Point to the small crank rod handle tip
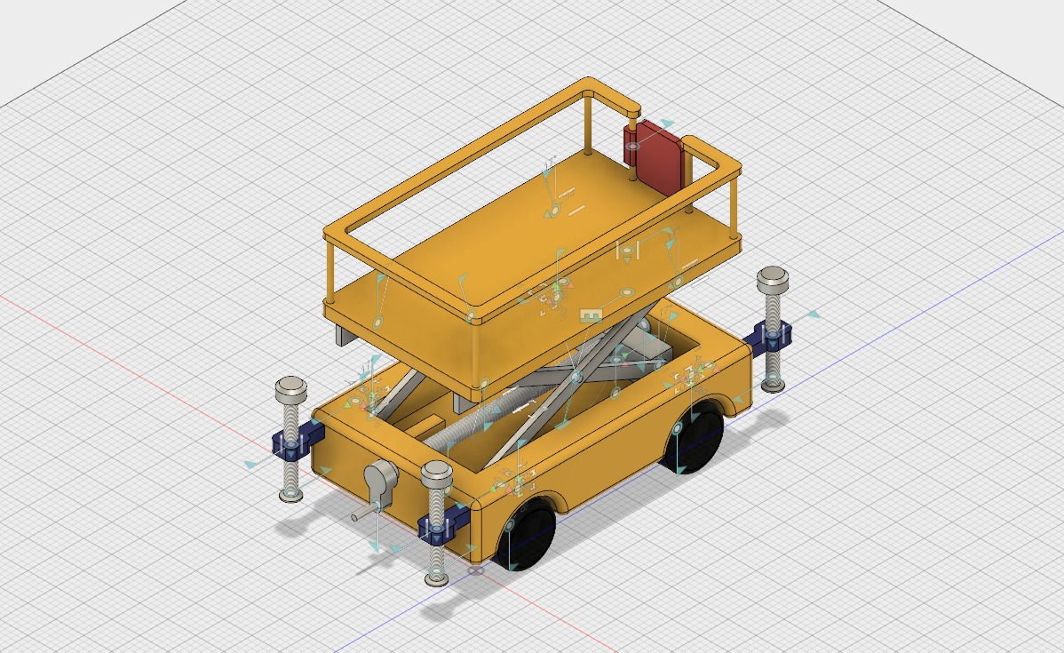tap(355, 515)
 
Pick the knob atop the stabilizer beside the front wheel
tap(437, 473)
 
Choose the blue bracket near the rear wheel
tap(769, 337)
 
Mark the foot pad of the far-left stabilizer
tap(290, 494)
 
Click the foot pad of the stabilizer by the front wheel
tap(436, 580)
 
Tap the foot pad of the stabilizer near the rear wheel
tap(774, 386)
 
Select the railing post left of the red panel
tap(589, 124)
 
